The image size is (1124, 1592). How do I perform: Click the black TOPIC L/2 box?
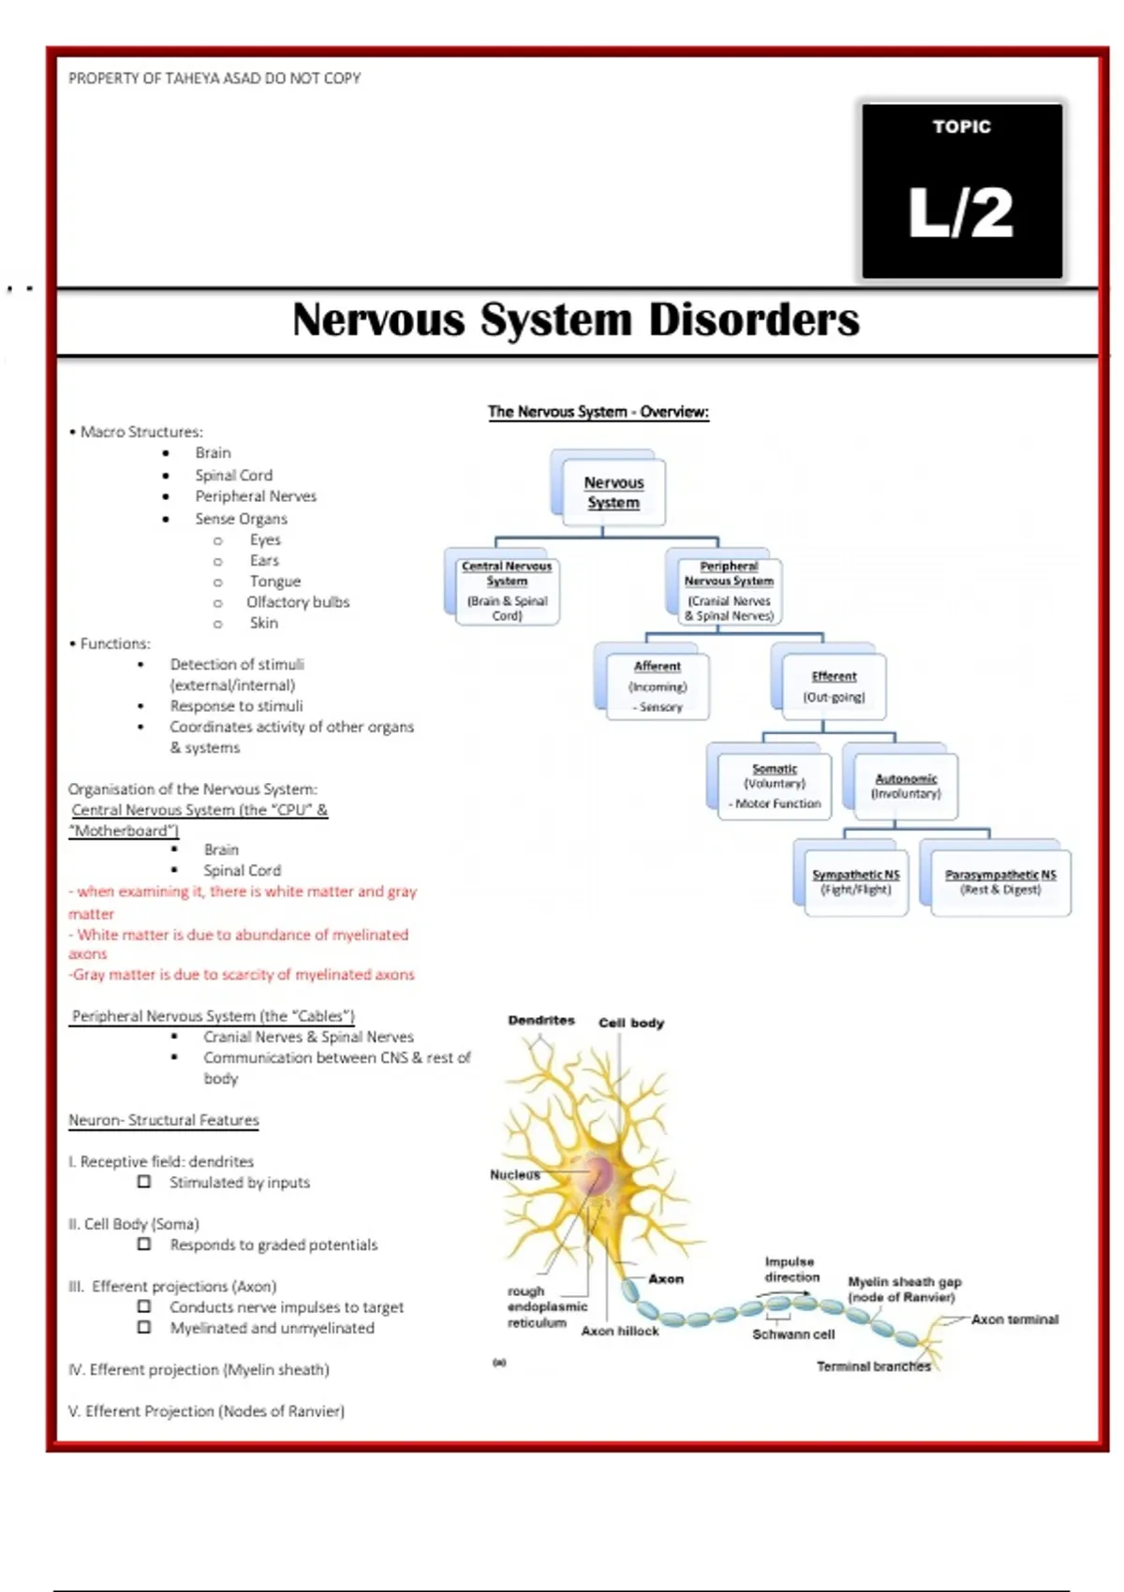point(962,190)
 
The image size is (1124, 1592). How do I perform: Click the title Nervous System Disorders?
point(575,319)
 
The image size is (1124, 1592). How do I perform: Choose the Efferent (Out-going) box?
point(834,686)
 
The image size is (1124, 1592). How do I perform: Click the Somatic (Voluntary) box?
point(775,786)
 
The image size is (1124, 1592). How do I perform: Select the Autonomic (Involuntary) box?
point(906,786)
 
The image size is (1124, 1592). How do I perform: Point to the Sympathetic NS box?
point(855,881)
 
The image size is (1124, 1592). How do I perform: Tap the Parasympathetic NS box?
point(1000,881)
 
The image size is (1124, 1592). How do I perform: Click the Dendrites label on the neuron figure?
point(541,1020)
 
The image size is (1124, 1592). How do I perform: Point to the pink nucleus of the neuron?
point(598,1172)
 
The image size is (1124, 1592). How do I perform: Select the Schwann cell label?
point(793,1334)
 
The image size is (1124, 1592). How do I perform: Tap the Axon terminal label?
point(1014,1319)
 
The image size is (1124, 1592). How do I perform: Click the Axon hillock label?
point(619,1330)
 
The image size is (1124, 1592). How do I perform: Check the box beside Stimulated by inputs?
point(144,1182)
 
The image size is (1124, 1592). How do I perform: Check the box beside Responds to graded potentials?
point(144,1244)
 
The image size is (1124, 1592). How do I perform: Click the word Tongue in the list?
point(274,581)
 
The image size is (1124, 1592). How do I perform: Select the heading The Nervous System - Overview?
point(598,411)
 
